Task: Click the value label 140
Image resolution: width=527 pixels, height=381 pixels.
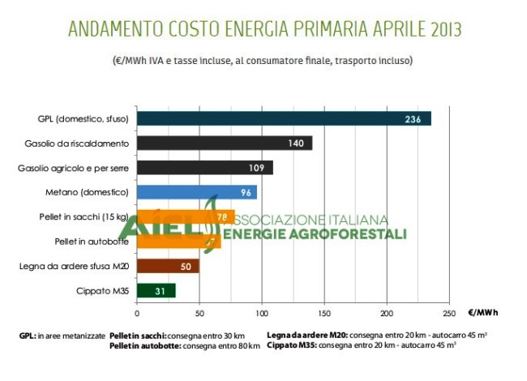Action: (296, 143)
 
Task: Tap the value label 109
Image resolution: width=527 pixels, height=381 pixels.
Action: (257, 168)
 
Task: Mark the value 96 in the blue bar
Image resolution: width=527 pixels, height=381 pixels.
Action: (246, 192)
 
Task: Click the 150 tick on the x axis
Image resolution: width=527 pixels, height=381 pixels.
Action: (324, 312)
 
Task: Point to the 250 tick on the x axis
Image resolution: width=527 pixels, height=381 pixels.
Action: (449, 312)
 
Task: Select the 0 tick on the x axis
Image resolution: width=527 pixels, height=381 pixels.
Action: (137, 312)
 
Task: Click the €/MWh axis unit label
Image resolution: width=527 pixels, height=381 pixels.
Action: (483, 312)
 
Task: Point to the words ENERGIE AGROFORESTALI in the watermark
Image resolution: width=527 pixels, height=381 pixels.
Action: (315, 234)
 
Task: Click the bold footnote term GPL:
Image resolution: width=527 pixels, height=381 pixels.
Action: (28, 335)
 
